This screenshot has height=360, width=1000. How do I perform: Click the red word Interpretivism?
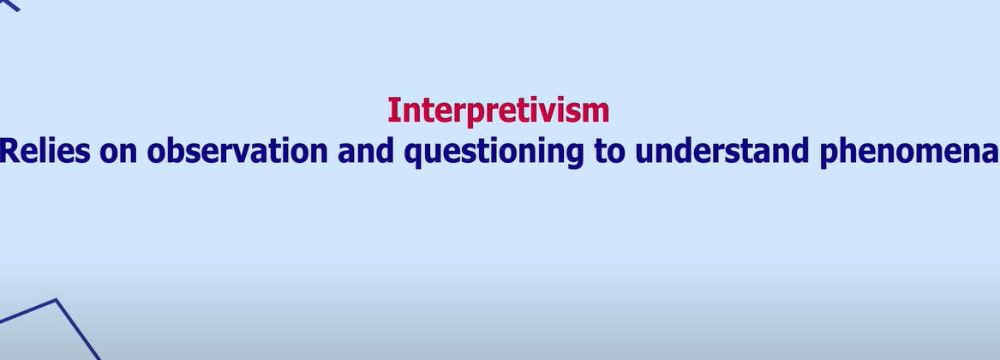(498, 111)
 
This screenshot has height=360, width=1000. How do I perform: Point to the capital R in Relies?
(8, 151)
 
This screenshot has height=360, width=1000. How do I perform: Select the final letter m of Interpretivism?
(597, 112)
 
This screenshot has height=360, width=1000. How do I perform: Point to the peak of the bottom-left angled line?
(57, 300)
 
